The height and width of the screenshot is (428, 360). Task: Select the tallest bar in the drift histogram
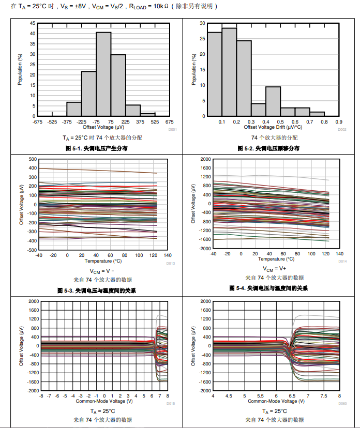click(x=229, y=72)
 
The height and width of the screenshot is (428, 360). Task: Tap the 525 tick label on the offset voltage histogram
click(x=155, y=122)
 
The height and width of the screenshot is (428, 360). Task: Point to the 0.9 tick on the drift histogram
click(x=339, y=121)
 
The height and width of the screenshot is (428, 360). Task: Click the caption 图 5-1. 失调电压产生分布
click(x=97, y=148)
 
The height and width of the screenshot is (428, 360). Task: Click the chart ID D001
click(x=173, y=129)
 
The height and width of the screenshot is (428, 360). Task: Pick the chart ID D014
click(x=342, y=262)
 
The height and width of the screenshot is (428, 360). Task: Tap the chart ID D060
click(x=342, y=403)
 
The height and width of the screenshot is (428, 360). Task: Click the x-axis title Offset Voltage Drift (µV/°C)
click(x=273, y=127)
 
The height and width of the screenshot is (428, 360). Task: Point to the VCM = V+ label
click(x=275, y=269)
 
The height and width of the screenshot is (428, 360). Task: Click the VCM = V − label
click(x=102, y=271)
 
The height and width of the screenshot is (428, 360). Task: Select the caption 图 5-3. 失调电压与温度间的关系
click(x=97, y=291)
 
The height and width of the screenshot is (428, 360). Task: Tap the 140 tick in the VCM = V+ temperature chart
click(x=339, y=254)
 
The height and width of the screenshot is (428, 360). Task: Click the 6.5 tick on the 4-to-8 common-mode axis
click(x=292, y=396)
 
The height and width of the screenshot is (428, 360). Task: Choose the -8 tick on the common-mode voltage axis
click(x=41, y=396)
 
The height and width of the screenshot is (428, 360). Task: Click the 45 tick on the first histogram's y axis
click(x=33, y=23)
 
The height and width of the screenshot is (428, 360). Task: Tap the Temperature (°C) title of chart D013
click(x=103, y=261)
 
